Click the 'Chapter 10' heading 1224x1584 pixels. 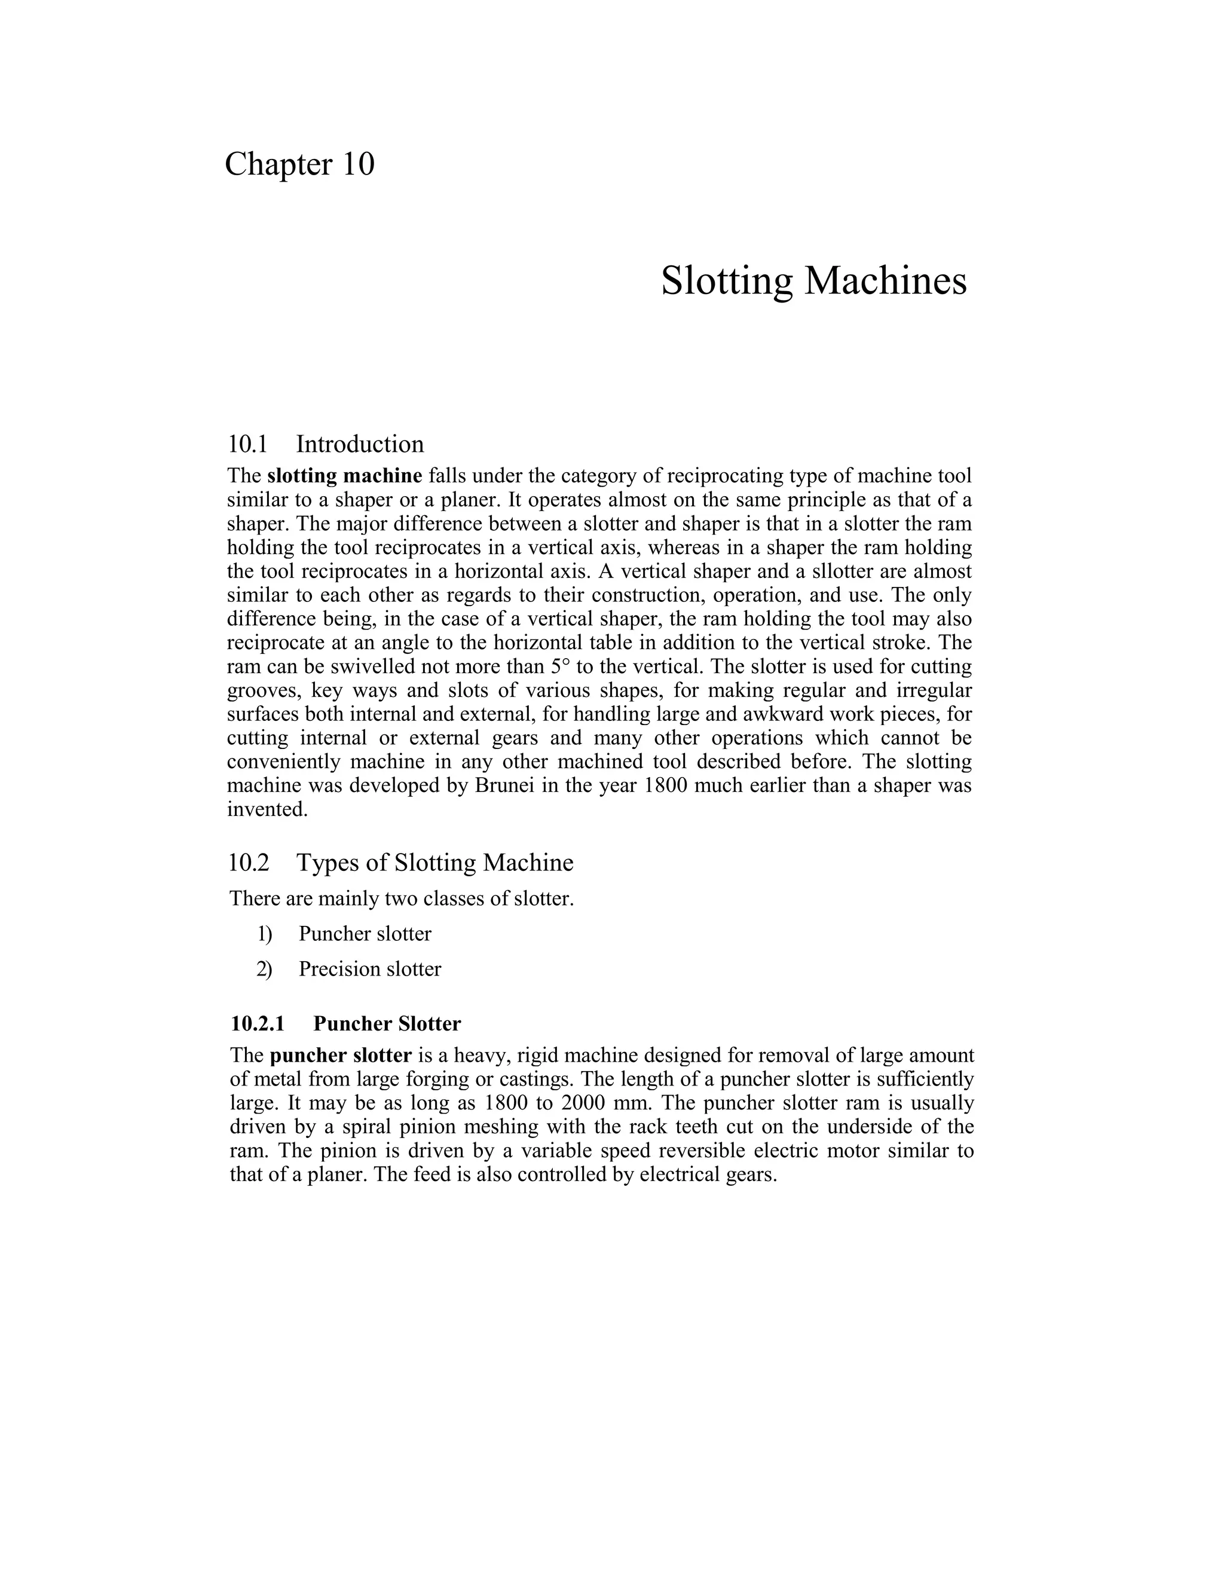[299, 164]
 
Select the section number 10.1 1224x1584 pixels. [247, 444]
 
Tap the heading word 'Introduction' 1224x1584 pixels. [360, 444]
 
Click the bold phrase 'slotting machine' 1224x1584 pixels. [344, 476]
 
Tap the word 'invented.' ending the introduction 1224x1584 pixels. [268, 809]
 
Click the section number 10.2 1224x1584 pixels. [248, 863]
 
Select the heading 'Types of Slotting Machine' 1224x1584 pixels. [434, 863]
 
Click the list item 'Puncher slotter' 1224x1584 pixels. [365, 934]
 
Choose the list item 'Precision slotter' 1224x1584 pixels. [370, 970]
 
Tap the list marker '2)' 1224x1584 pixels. [264, 970]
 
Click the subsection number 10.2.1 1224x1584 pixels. [258, 1024]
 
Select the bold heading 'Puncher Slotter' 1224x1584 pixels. [387, 1024]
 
